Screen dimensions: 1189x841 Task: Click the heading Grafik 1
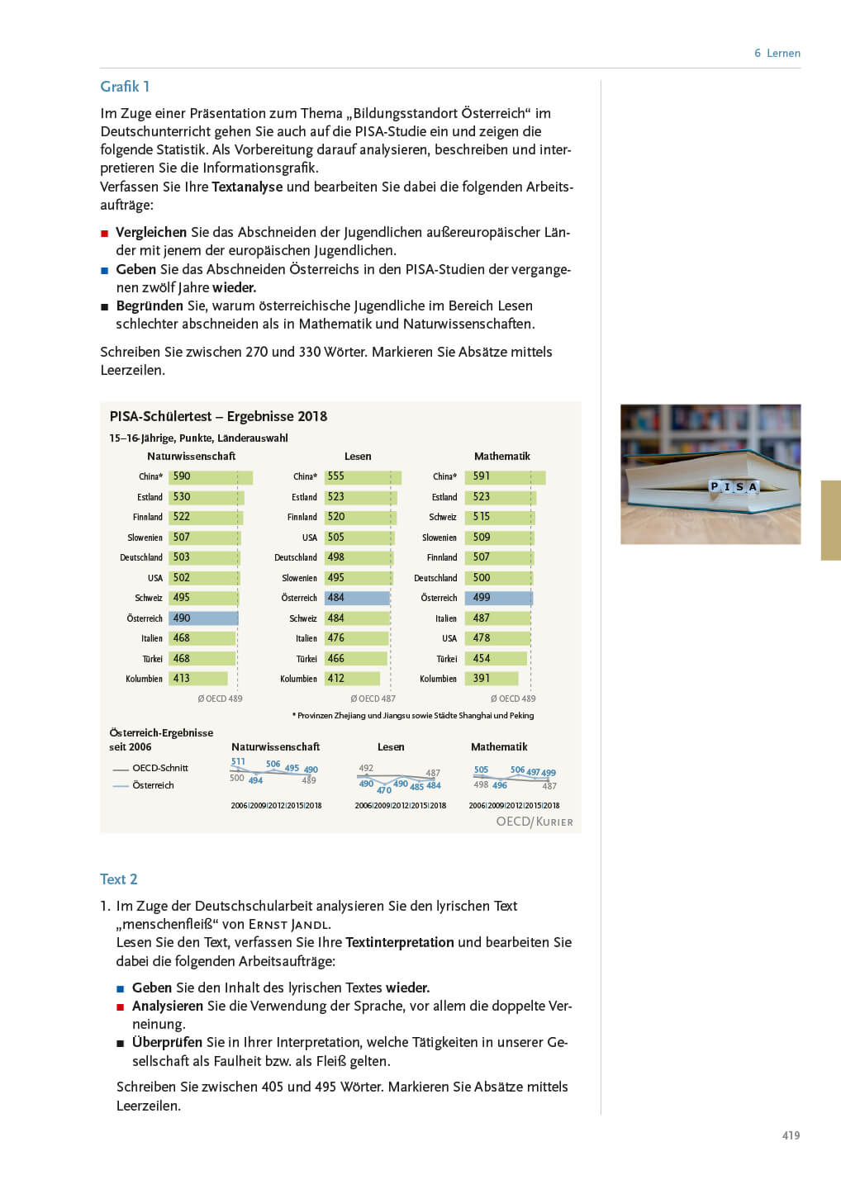tap(125, 87)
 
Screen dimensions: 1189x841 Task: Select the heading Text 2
tap(118, 879)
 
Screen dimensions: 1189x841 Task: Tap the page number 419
tap(791, 1135)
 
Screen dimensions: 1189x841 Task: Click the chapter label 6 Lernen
tap(777, 53)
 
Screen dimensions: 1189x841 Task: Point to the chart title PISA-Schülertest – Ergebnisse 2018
tap(218, 416)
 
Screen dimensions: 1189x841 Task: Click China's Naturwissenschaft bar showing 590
tap(211, 476)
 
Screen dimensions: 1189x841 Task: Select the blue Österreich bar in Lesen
tap(357, 598)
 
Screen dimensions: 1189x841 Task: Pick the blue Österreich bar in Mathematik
tap(498, 598)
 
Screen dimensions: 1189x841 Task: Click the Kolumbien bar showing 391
tap(491, 679)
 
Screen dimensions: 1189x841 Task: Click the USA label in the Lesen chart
tap(310, 538)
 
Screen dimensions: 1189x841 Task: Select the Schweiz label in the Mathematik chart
tap(443, 517)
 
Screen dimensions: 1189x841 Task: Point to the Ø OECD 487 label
tap(373, 699)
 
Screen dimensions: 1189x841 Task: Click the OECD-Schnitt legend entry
tap(160, 768)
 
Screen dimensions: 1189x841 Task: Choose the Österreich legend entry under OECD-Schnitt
tap(153, 785)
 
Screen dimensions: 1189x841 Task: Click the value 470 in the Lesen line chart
tap(384, 790)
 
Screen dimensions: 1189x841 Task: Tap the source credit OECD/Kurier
tap(534, 822)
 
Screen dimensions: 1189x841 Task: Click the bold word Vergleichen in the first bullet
tap(151, 232)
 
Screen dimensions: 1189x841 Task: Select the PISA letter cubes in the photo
tap(734, 486)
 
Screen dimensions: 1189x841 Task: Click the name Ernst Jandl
tap(289, 925)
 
